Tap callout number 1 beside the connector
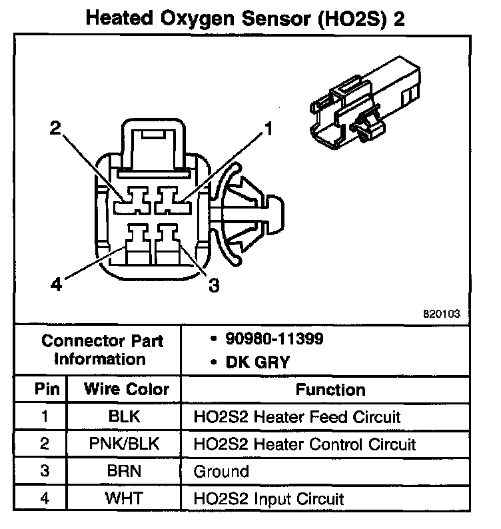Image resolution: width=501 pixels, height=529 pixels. coord(268,129)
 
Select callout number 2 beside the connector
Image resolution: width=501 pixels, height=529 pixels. coord(56,128)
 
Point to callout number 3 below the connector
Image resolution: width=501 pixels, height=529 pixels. coord(213,285)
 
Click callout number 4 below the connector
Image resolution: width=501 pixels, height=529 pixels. coord(57,285)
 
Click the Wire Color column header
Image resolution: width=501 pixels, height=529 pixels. coord(127,390)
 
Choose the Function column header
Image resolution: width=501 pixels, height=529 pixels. coord(330,390)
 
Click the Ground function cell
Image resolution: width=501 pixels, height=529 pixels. coord(221,472)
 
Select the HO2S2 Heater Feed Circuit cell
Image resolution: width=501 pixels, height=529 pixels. coord(297,418)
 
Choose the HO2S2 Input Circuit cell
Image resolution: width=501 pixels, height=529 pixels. coord(268,498)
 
